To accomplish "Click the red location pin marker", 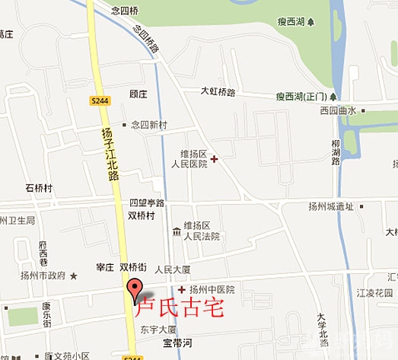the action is pos(135,290).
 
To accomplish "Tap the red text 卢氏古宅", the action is pos(179,310).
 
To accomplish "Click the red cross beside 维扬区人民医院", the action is pos(214,159).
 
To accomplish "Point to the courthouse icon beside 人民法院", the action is pos(177,231).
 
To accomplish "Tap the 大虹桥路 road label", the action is pos(218,91).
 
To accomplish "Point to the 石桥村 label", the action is pos(38,188).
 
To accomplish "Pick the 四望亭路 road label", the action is pos(146,202).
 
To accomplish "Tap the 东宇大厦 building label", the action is pos(158,330).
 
